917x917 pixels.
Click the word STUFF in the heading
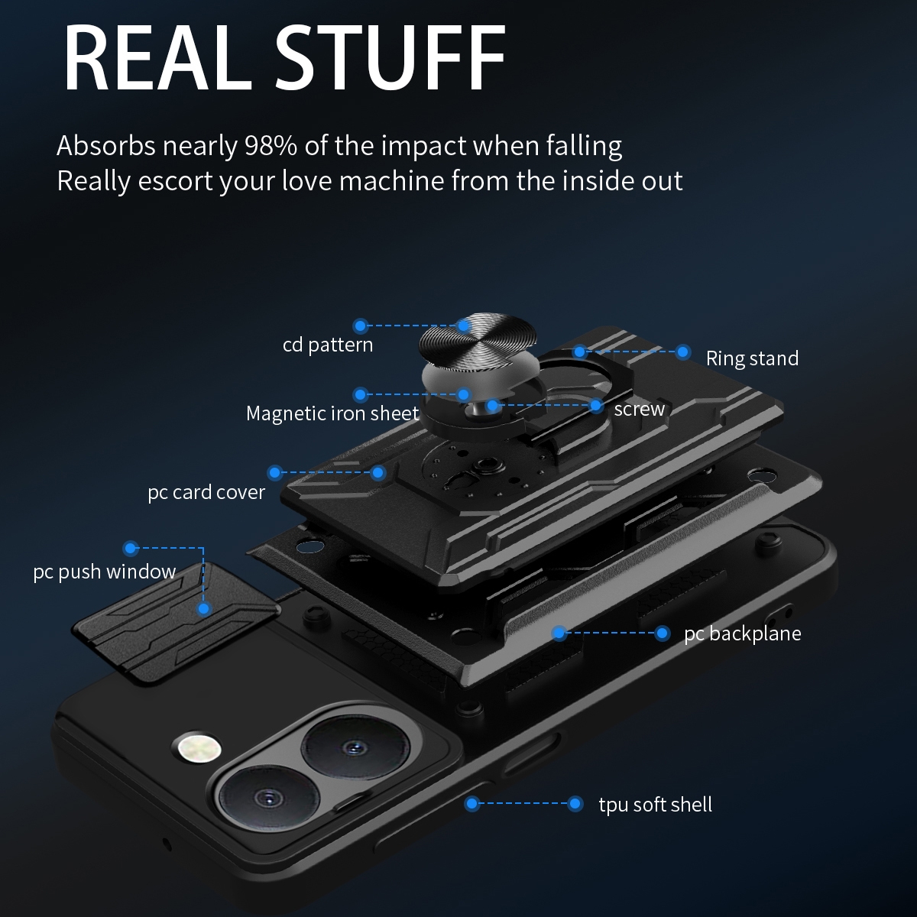click(390, 57)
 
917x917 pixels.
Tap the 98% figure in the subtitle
click(271, 146)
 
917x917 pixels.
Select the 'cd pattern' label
click(328, 345)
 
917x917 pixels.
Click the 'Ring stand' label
click(753, 358)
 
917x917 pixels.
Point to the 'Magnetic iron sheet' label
click(332, 413)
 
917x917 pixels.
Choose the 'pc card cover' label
click(206, 492)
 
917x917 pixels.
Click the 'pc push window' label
click(105, 572)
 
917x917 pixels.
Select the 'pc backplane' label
click(743, 633)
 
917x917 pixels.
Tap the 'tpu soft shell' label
click(655, 805)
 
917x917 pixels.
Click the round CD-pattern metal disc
click(478, 341)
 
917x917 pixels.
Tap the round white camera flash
click(200, 748)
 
